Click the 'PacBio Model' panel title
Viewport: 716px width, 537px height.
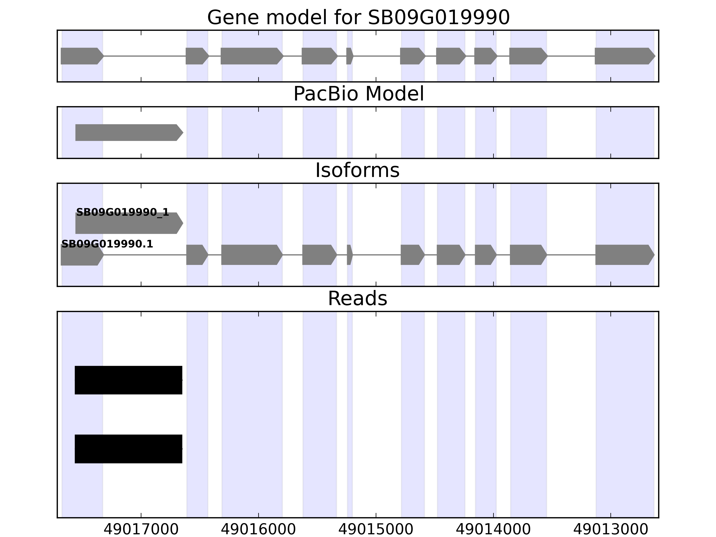point(358,94)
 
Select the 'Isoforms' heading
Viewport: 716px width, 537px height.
point(357,170)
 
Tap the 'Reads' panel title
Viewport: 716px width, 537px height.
point(357,298)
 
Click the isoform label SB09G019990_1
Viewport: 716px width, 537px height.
point(122,212)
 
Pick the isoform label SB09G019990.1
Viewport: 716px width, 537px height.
point(107,244)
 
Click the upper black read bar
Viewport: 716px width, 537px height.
point(128,380)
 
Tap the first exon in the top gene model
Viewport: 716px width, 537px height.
point(81,56)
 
